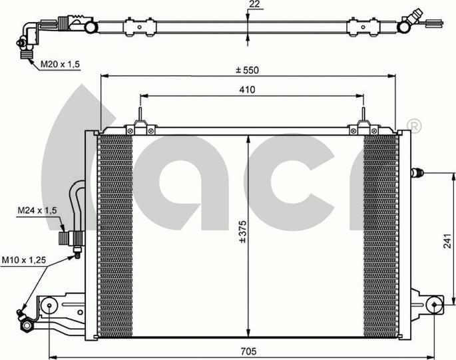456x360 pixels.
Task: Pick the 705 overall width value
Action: pos(247,351)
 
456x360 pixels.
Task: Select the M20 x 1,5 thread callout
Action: pos(60,64)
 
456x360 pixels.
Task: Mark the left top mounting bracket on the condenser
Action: pos(140,123)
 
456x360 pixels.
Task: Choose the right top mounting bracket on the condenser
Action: pos(363,123)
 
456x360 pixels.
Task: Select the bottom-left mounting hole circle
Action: pos(50,307)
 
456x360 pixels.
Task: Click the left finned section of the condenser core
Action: pos(114,233)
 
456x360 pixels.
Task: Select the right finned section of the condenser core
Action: pos(381,233)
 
